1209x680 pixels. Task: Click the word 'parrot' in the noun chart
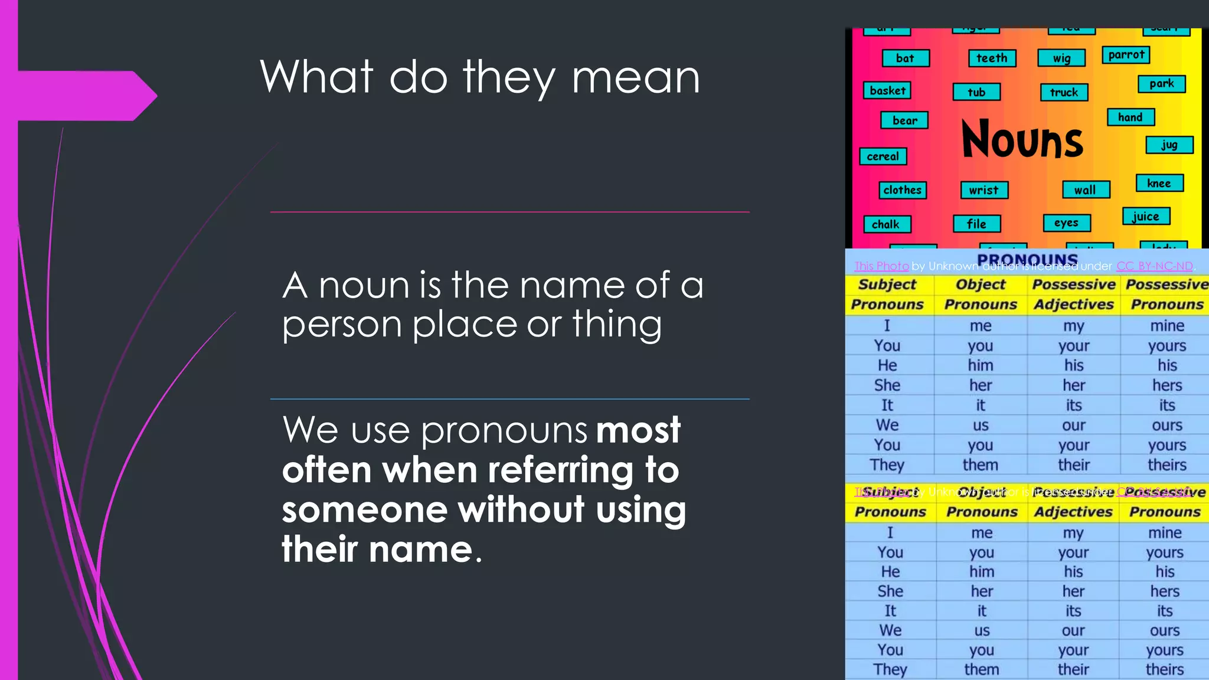click(x=1126, y=55)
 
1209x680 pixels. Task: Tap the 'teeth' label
click(x=992, y=58)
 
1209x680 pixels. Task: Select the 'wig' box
click(x=1061, y=58)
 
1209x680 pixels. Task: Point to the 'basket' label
click(x=887, y=90)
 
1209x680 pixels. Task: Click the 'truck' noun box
click(x=1064, y=92)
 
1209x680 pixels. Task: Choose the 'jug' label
click(x=1169, y=145)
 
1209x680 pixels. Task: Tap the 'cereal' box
click(x=883, y=156)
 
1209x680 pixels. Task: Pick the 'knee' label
click(x=1159, y=183)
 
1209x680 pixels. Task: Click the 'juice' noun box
click(x=1145, y=217)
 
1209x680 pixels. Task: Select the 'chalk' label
click(x=885, y=224)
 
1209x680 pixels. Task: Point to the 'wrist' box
click(x=983, y=190)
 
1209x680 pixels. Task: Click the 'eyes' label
click(x=1066, y=223)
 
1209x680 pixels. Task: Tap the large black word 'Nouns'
click(x=1022, y=139)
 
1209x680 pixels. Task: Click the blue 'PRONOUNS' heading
click(x=1027, y=259)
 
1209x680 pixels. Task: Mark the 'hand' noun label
click(x=1130, y=117)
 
